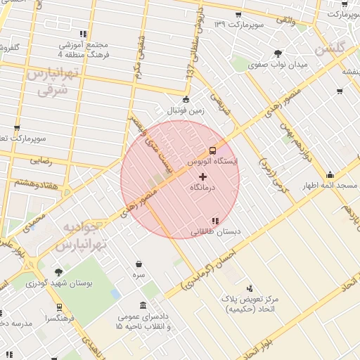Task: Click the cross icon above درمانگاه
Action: (204, 176)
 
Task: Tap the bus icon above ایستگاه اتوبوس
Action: (213, 150)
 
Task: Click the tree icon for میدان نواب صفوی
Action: (279, 53)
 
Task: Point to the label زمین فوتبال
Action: (186, 110)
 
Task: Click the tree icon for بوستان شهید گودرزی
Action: (58, 272)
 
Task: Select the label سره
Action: (139, 275)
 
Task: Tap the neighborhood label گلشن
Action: (330, 49)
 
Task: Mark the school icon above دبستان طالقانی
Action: (215, 221)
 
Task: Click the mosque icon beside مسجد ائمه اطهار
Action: (330, 175)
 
